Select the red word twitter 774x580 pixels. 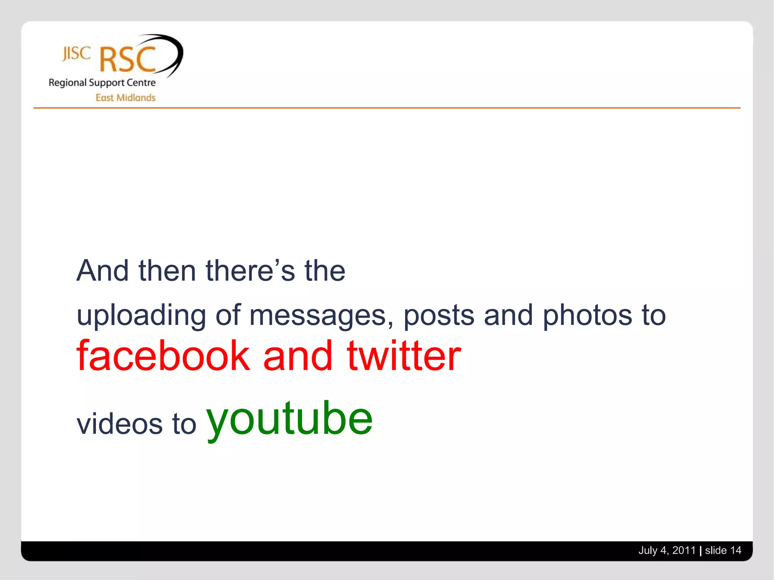point(404,356)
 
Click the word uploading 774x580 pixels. point(141,316)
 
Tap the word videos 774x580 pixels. point(120,424)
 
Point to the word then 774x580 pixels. point(167,271)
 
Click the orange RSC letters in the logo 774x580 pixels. point(128,60)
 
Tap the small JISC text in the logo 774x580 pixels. point(76,54)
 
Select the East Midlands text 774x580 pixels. point(125,98)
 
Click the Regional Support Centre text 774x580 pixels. point(102,83)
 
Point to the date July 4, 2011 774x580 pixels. point(667,551)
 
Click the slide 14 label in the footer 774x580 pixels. point(723,551)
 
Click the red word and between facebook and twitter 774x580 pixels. point(298,356)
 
